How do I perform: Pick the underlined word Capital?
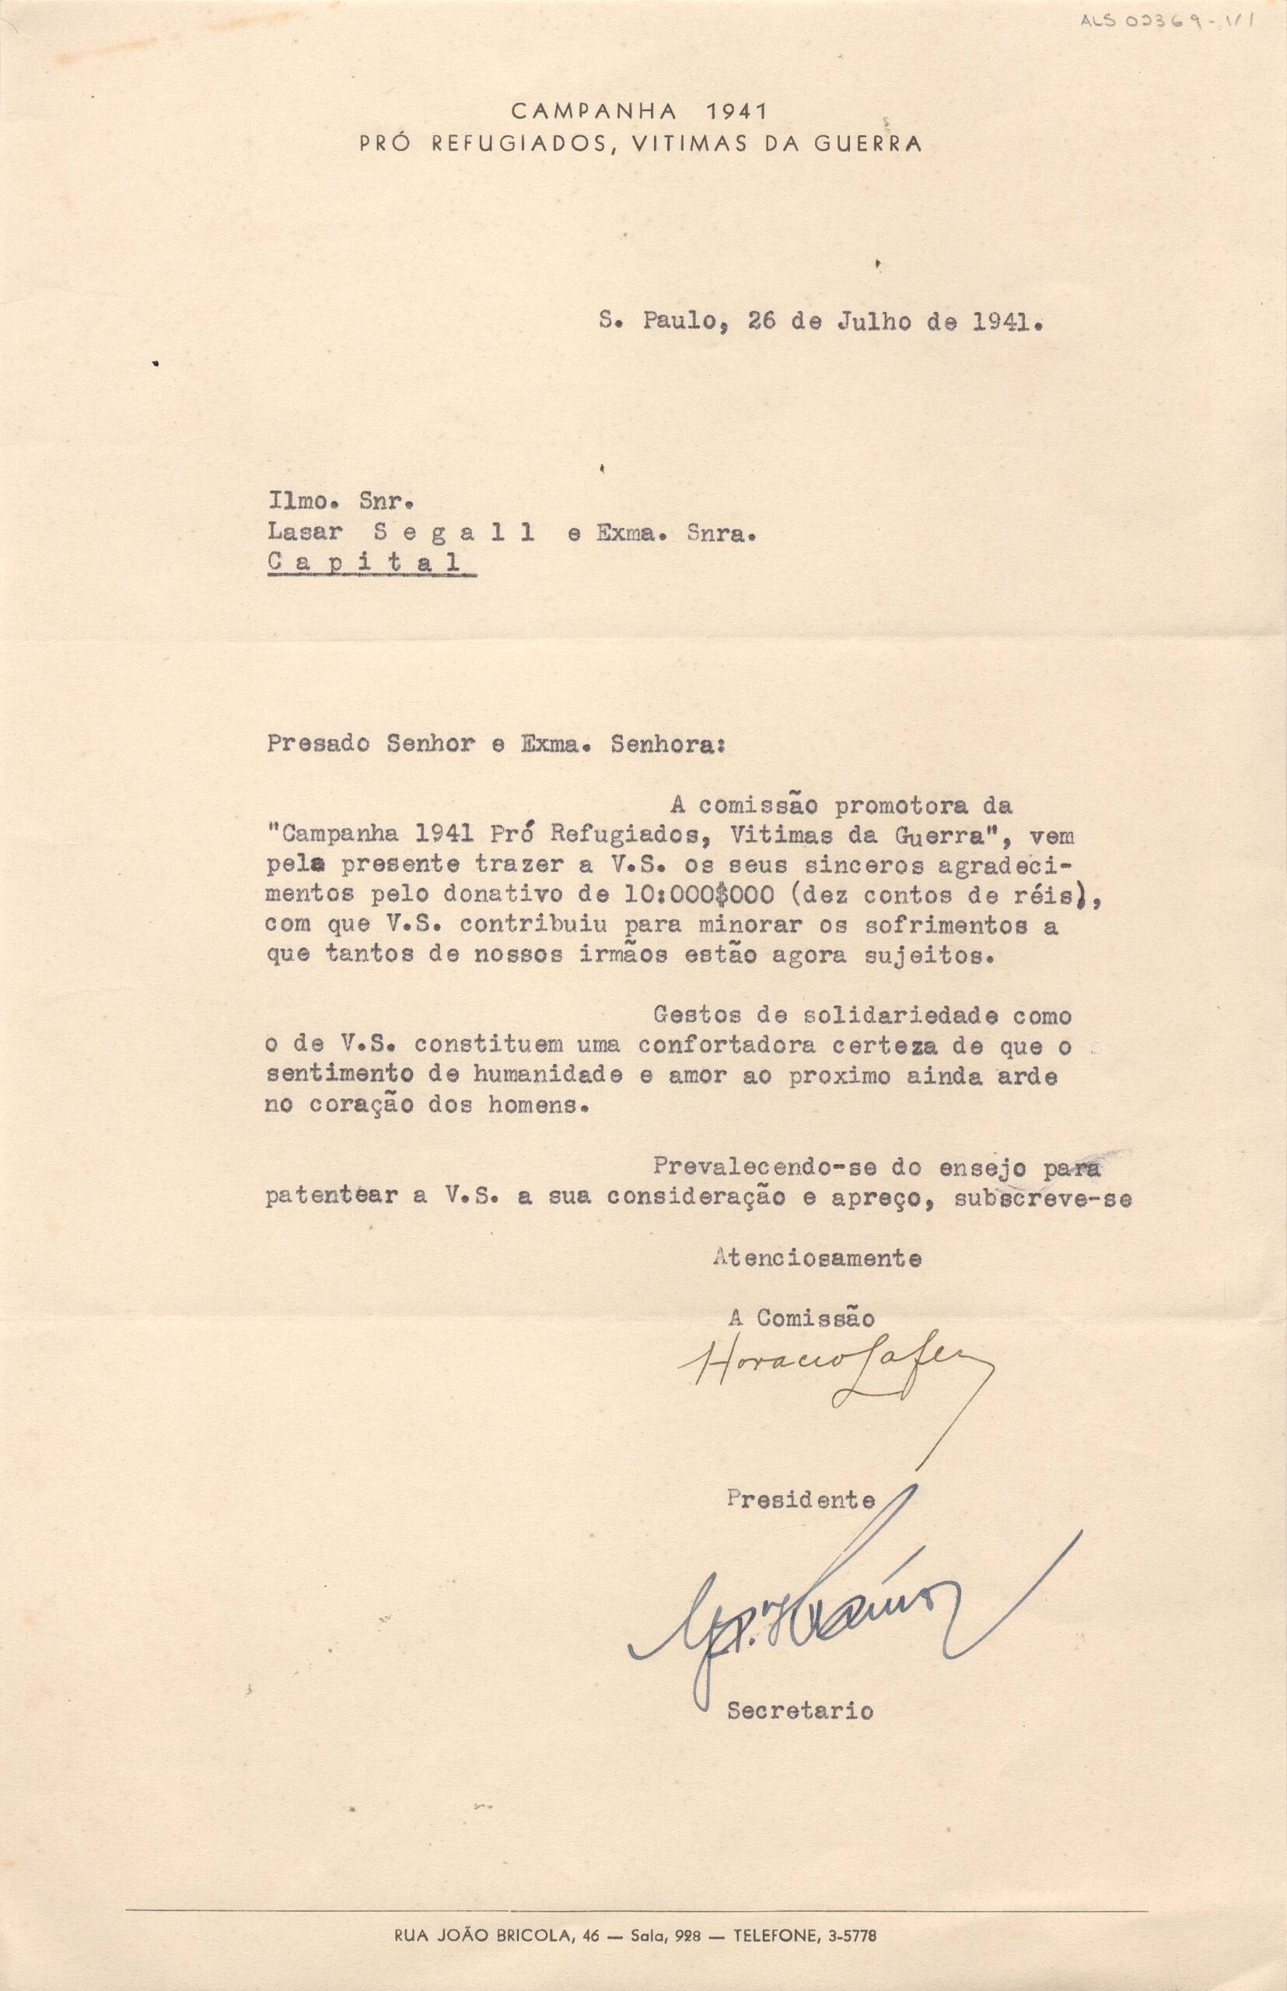point(365,562)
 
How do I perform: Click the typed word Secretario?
point(799,1710)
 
